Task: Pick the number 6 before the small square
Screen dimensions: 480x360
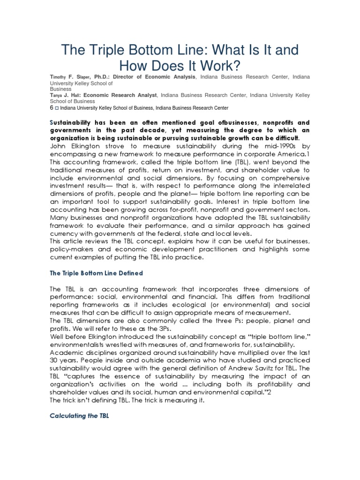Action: pos(51,108)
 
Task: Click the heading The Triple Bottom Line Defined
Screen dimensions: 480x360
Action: pos(96,273)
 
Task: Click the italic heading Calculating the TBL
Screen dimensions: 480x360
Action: pos(79,416)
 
